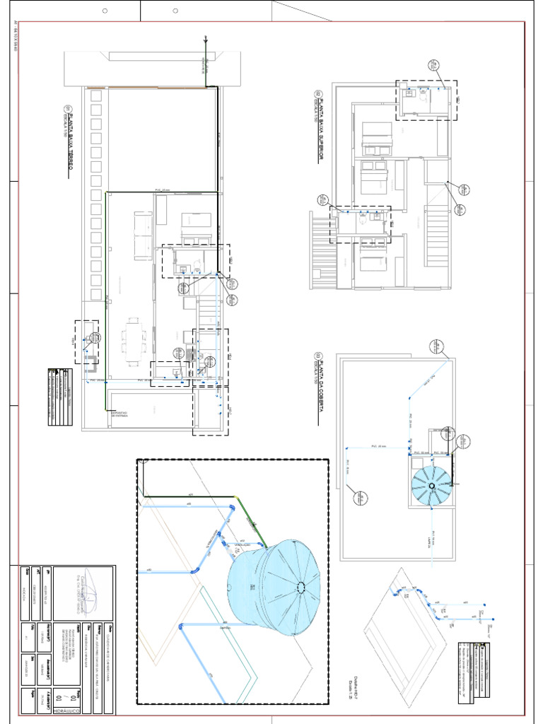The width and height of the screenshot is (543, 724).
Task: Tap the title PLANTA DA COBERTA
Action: tap(319, 389)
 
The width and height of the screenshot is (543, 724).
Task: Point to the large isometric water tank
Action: tap(276, 587)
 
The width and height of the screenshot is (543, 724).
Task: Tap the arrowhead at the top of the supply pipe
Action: tap(205, 39)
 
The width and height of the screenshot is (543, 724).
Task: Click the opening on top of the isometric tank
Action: tap(302, 586)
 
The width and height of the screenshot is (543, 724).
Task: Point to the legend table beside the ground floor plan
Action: tap(60, 396)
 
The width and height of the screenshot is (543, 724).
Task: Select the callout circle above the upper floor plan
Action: tap(433, 66)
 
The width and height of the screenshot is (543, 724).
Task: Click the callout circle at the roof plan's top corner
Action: tap(434, 346)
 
